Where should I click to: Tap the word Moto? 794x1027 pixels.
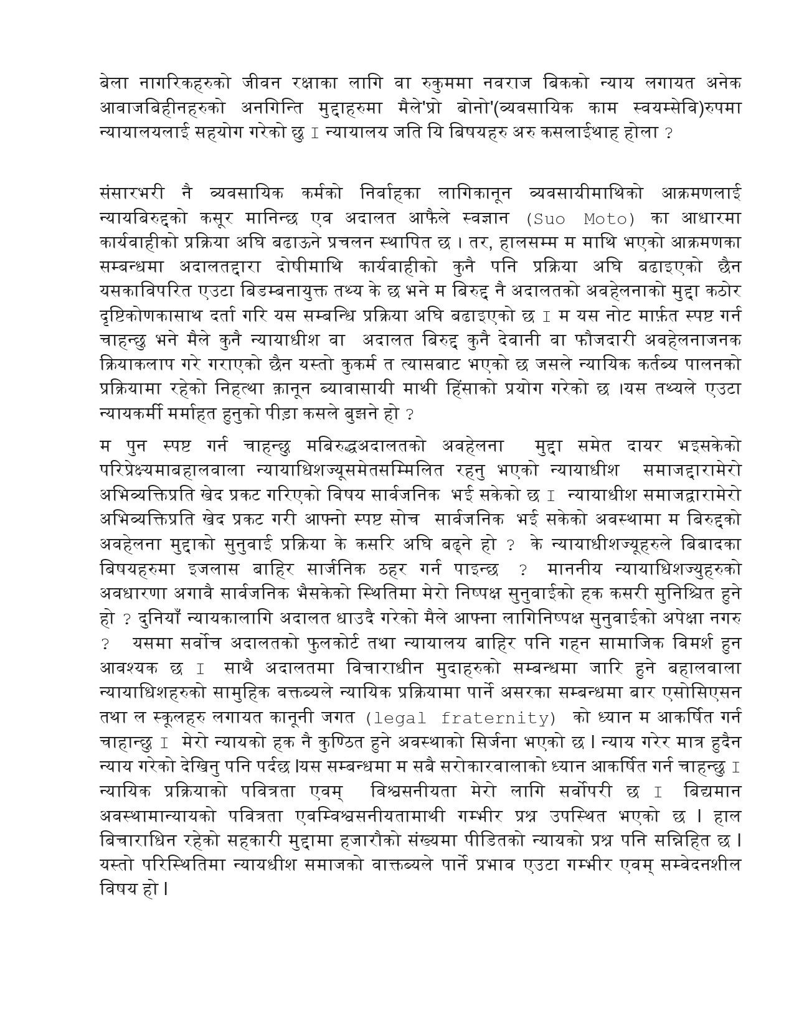609,219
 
